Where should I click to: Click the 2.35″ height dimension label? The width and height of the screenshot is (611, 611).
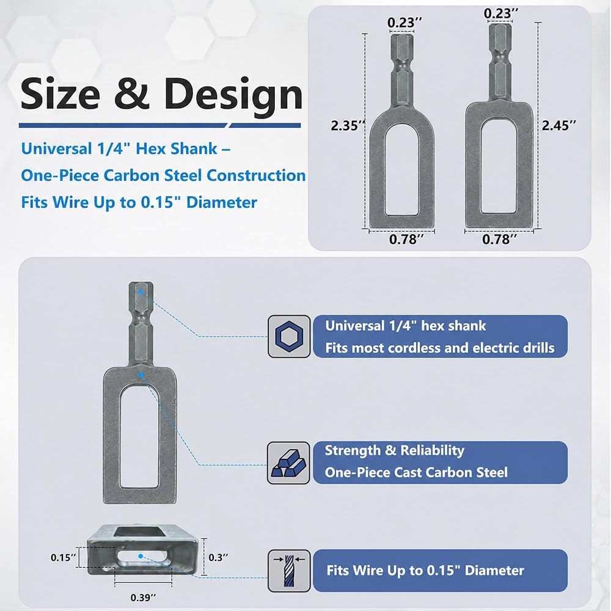348,125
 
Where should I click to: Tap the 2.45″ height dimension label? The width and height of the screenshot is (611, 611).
559,125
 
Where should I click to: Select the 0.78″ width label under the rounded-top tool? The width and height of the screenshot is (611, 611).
406,239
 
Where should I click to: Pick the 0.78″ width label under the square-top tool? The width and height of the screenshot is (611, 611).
499,239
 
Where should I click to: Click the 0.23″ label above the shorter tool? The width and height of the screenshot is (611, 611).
404,23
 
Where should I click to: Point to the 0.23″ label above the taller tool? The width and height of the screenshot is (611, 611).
501,13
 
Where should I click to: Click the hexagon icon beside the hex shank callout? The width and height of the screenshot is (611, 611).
289,336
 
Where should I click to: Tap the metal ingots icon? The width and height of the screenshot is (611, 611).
289,463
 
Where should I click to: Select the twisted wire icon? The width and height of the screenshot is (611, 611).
289,571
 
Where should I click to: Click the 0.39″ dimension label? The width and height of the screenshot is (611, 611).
143,598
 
